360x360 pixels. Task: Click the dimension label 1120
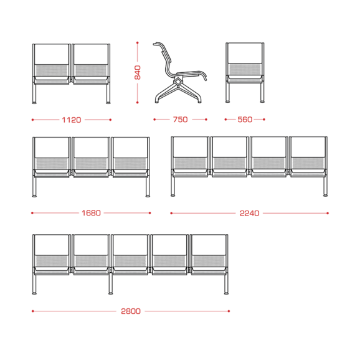pyautogui.click(x=72, y=120)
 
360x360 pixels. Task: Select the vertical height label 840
pyautogui.click(x=138, y=72)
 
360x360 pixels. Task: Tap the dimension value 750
pyautogui.click(x=180, y=120)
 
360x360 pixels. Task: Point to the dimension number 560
pyautogui.click(x=245, y=120)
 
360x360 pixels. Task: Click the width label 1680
pyautogui.click(x=91, y=213)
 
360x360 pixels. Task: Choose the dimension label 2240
pyautogui.click(x=249, y=213)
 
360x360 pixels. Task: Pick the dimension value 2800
pyautogui.click(x=131, y=311)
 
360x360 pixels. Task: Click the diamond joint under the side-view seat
pyautogui.click(x=178, y=81)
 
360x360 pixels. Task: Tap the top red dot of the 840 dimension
pyautogui.click(x=137, y=43)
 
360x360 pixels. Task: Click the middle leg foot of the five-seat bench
pyautogui.click(x=111, y=293)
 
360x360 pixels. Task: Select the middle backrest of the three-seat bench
pyautogui.click(x=91, y=148)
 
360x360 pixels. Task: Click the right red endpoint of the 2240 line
pyautogui.click(x=328, y=213)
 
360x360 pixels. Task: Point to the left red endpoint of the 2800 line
pyautogui.click(x=33, y=311)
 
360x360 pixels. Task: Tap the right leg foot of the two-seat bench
pyautogui.click(x=108, y=103)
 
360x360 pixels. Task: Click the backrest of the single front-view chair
pyautogui.click(x=245, y=54)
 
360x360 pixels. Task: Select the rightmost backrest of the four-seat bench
pyautogui.click(x=308, y=147)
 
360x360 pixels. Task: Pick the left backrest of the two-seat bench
pyautogui.click(x=52, y=54)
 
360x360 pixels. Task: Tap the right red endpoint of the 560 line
pyautogui.click(x=264, y=120)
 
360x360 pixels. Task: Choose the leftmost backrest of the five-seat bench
pyautogui.click(x=52, y=245)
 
